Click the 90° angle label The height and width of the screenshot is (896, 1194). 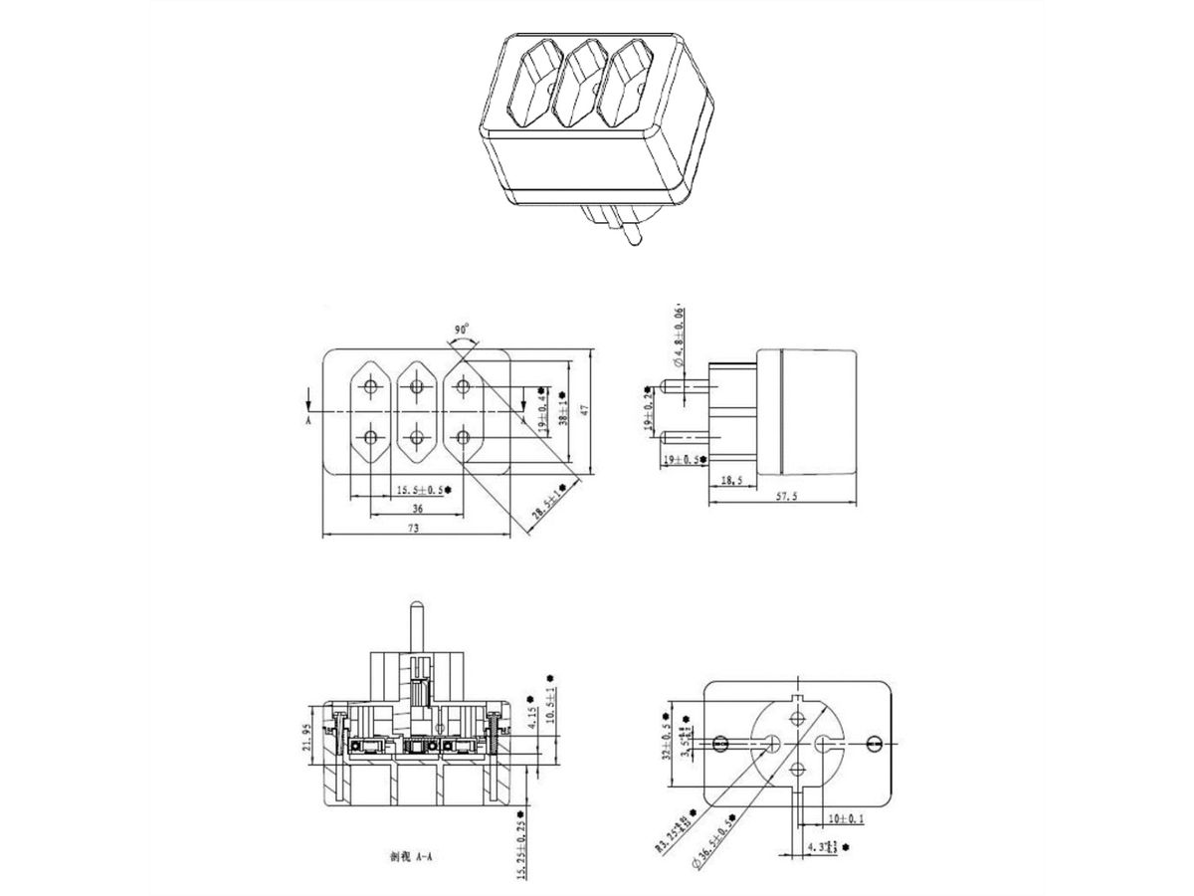pyautogui.click(x=461, y=330)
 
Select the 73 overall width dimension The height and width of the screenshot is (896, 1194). pyautogui.click(x=412, y=529)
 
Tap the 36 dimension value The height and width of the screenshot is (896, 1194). pyautogui.click(x=417, y=508)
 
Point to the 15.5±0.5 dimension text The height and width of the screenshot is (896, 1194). pyautogui.click(x=421, y=489)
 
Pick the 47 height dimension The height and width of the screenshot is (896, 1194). pyautogui.click(x=586, y=408)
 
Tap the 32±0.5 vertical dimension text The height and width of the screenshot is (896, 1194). pyautogui.click(x=664, y=738)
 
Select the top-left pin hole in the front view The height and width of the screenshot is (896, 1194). pyautogui.click(x=372, y=387)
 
